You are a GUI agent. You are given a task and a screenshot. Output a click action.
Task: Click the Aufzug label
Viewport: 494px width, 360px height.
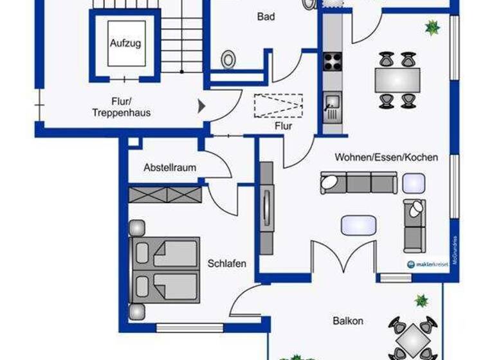(125, 44)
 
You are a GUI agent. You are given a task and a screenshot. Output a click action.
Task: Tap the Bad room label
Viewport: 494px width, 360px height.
(266, 17)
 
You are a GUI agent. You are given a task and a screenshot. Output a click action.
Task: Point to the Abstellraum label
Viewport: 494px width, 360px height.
(170, 168)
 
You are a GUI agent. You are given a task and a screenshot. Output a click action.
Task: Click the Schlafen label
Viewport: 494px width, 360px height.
(226, 263)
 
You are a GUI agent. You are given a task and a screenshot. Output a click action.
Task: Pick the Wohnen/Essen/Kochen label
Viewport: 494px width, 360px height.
(386, 157)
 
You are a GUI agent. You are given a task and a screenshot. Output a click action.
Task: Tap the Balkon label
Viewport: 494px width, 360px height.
(348, 321)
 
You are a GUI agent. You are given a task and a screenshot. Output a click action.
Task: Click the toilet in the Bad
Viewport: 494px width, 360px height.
(228, 60)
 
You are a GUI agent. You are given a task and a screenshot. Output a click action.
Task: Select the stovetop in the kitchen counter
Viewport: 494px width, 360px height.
(333, 62)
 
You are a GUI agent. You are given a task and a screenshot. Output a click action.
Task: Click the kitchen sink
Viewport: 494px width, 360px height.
(333, 102)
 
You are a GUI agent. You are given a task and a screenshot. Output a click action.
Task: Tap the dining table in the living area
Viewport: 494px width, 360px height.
(397, 80)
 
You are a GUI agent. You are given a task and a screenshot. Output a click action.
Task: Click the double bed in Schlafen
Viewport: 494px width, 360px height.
(166, 268)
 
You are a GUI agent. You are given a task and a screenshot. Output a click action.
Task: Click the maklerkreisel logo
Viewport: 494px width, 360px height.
(428, 264)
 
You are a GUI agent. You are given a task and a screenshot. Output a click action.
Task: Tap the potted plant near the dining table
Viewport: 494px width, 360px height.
(432, 27)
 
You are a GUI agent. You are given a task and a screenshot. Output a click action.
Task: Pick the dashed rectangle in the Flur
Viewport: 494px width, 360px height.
(278, 106)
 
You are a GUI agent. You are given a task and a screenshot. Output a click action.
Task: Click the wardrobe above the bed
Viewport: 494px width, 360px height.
(165, 194)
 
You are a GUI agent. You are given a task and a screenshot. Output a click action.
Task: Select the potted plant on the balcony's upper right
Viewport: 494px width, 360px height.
(421, 300)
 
